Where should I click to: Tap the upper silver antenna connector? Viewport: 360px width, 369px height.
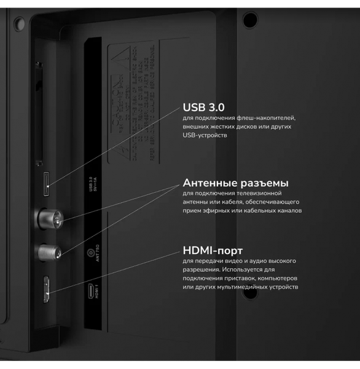click(x=50, y=217)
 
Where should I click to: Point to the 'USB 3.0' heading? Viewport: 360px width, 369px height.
click(x=203, y=107)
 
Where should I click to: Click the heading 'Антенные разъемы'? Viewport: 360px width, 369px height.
click(x=236, y=183)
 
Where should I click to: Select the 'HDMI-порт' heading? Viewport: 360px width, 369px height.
click(x=213, y=250)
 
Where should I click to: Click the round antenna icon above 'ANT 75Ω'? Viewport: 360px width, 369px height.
click(x=92, y=252)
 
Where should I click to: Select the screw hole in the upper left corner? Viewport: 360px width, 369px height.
click(x=18, y=23)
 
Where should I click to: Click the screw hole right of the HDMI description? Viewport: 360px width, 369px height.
click(x=249, y=293)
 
